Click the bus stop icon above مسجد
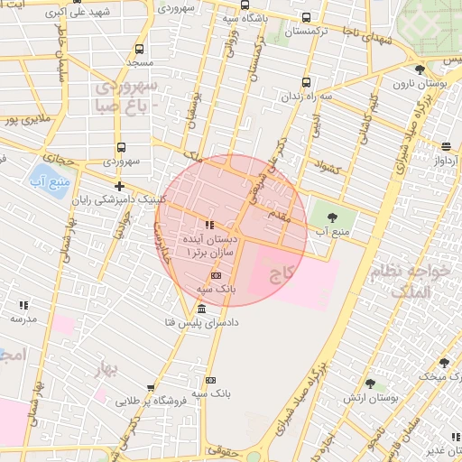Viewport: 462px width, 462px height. click(139, 49)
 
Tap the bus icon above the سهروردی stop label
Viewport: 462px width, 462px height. click(120, 148)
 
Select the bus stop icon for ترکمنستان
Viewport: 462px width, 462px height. click(307, 17)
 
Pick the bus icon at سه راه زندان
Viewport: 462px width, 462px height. click(307, 81)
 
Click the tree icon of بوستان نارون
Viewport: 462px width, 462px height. click(419, 69)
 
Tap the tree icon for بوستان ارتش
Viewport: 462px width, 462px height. click(369, 383)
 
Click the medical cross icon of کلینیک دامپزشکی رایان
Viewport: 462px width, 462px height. click(120, 186)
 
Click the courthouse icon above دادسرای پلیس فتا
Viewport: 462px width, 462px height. click(199, 309)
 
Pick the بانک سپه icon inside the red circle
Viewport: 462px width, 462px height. click(215, 275)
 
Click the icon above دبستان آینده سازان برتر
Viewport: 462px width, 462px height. click(209, 226)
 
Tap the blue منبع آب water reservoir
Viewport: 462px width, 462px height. click(41, 177)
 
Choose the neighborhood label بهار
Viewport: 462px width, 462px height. click(106, 370)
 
